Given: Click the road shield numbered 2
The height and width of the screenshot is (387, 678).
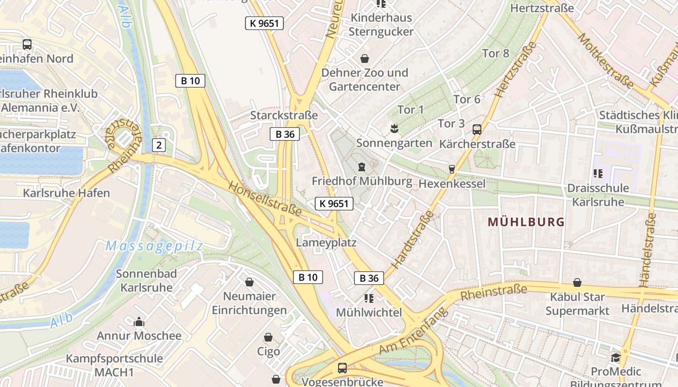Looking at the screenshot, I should click(158, 145).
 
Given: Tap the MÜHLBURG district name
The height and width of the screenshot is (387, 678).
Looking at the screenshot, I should click(526, 222).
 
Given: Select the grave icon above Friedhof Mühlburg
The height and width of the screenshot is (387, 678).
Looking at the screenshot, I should click(361, 167).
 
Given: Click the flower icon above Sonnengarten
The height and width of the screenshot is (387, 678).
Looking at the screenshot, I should click(394, 129).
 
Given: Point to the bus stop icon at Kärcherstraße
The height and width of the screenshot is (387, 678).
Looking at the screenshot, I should click(477, 130).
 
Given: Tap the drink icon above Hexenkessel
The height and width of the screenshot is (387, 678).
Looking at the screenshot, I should click(452, 169).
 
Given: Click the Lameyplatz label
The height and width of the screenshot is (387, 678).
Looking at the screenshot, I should click(326, 242).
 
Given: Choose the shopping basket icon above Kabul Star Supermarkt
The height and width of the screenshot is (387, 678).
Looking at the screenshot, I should click(577, 283).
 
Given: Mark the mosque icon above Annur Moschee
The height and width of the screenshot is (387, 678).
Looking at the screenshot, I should click(139, 322).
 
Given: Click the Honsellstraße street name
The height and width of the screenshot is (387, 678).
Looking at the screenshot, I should click(265, 199).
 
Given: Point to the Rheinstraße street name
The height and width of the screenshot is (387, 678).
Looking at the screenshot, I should click(493, 293).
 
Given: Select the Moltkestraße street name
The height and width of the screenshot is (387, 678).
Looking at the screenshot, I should click(605, 60).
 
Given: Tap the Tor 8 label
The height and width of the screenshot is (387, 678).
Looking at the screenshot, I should click(496, 53).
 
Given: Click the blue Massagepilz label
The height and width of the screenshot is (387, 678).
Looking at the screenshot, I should click(154, 246).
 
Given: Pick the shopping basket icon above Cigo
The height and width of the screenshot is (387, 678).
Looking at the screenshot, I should click(268, 337).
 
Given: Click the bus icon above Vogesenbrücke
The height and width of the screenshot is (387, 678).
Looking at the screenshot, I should click(342, 368).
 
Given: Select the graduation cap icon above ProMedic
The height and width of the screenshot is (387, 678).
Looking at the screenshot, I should click(616, 357).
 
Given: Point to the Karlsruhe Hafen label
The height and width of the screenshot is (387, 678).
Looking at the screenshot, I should click(66, 193).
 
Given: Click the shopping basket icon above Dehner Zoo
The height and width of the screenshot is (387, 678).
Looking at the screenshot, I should click(365, 59).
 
